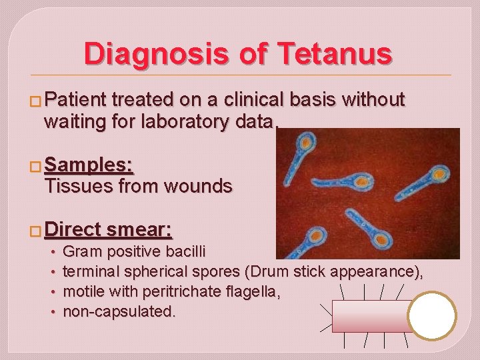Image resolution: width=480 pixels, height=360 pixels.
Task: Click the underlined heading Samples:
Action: click(x=88, y=165)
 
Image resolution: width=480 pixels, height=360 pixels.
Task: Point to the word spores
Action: click(x=217, y=272)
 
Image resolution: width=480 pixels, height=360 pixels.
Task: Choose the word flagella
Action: click(x=255, y=291)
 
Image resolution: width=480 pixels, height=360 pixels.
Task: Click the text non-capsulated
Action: click(x=119, y=311)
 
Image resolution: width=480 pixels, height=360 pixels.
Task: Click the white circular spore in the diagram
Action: click(x=432, y=315)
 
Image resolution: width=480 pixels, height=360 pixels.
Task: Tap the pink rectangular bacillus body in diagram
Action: click(x=370, y=316)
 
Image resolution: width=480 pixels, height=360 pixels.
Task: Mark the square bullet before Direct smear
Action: click(x=36, y=231)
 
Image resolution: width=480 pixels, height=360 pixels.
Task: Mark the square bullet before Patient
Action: click(x=36, y=101)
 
